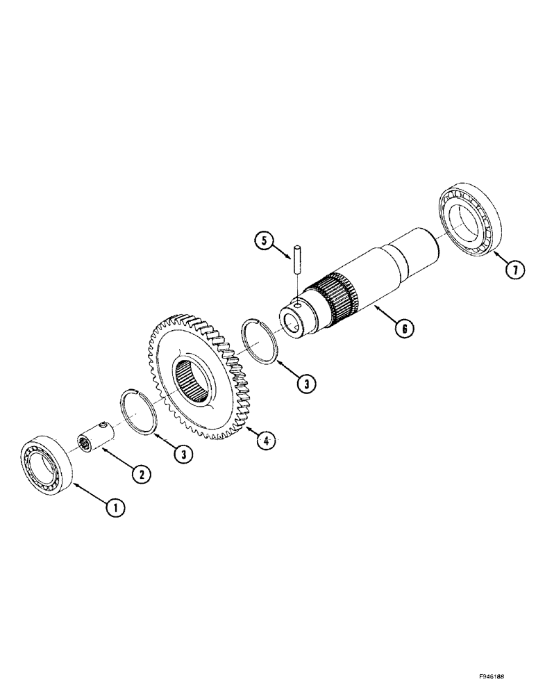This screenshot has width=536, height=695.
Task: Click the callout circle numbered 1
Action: pos(116,508)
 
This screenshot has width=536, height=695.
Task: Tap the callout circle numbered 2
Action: pos(141,474)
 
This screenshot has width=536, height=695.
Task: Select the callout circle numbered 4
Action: pos(262,439)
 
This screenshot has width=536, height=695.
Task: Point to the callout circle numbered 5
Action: pos(262,241)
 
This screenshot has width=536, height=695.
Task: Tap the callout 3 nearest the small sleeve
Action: pos(183,455)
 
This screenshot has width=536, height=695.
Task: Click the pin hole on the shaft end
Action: pos(297,304)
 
